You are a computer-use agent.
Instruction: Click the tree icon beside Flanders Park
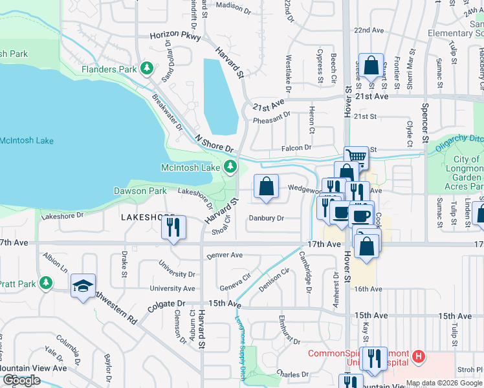tap(148, 69)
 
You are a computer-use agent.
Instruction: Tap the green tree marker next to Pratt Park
tap(45, 283)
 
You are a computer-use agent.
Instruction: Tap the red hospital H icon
tap(419, 356)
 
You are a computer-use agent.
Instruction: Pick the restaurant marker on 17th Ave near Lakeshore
tap(173, 226)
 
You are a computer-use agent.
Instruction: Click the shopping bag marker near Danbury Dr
tap(266, 187)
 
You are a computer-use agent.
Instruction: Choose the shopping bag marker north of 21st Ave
tap(371, 65)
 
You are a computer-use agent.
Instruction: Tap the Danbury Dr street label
tap(267, 219)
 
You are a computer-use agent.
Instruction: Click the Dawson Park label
tap(140, 191)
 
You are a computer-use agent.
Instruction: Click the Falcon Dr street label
tap(296, 148)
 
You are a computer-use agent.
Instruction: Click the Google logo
tap(22, 380)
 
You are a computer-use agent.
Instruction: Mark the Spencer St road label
tap(425, 122)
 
